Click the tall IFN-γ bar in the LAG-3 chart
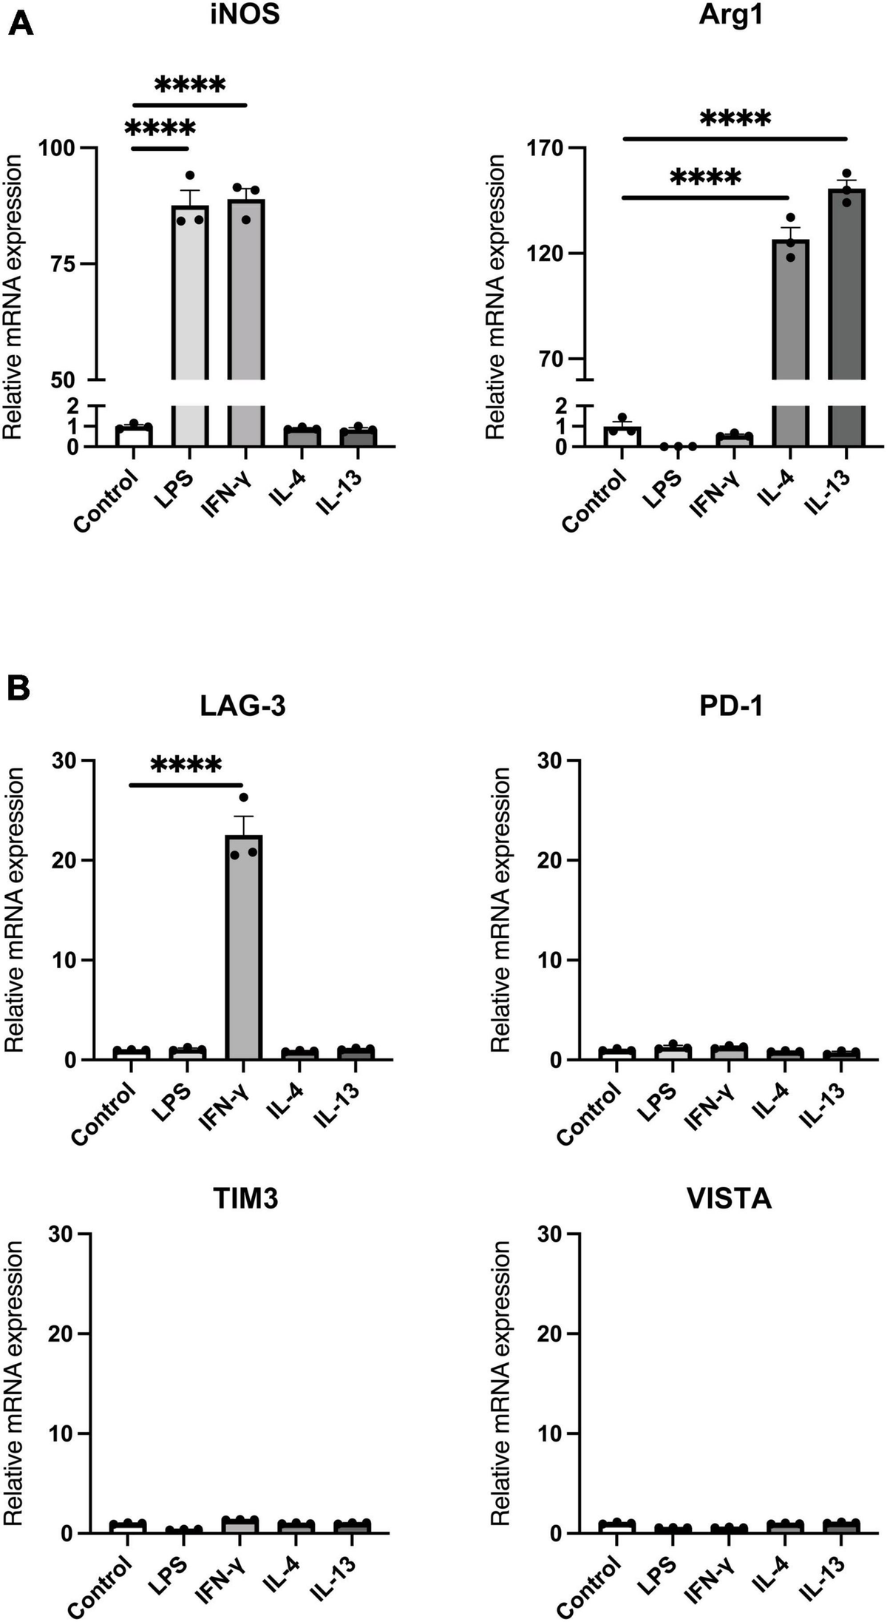[244, 947]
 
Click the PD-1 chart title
[730, 707]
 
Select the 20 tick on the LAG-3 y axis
[67, 860]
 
